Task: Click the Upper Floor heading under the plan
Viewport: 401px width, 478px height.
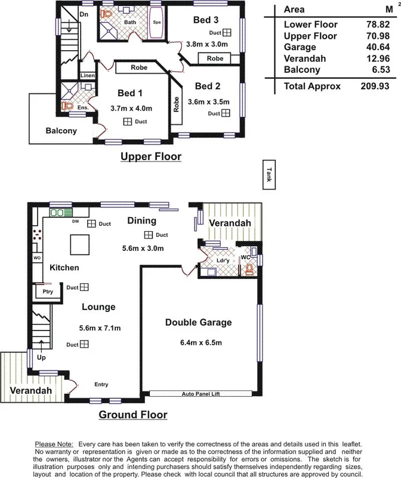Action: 150,157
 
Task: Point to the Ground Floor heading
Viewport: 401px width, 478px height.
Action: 132,414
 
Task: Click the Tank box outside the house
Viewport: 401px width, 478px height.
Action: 270,174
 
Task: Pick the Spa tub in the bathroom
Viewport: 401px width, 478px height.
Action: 158,23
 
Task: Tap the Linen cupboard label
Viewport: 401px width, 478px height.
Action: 87,76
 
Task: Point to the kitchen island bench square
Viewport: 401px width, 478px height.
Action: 79,244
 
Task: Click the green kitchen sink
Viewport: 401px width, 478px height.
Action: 61,212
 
